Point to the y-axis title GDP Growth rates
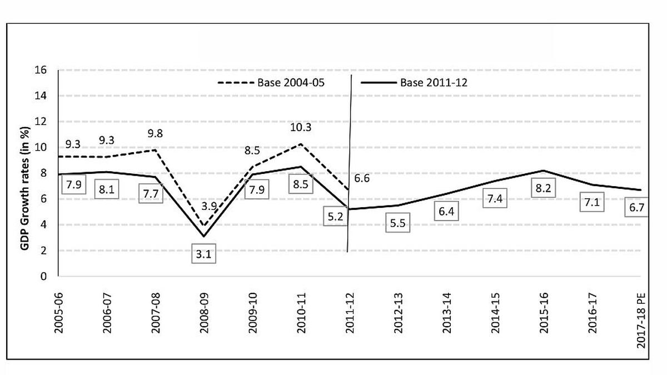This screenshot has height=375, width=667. (26, 174)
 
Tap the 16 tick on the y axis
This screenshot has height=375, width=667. (45, 71)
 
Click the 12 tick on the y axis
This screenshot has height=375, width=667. (45, 122)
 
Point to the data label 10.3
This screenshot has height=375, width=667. (300, 127)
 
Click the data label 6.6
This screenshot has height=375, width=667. (361, 178)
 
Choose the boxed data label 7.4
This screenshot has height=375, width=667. (495, 198)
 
